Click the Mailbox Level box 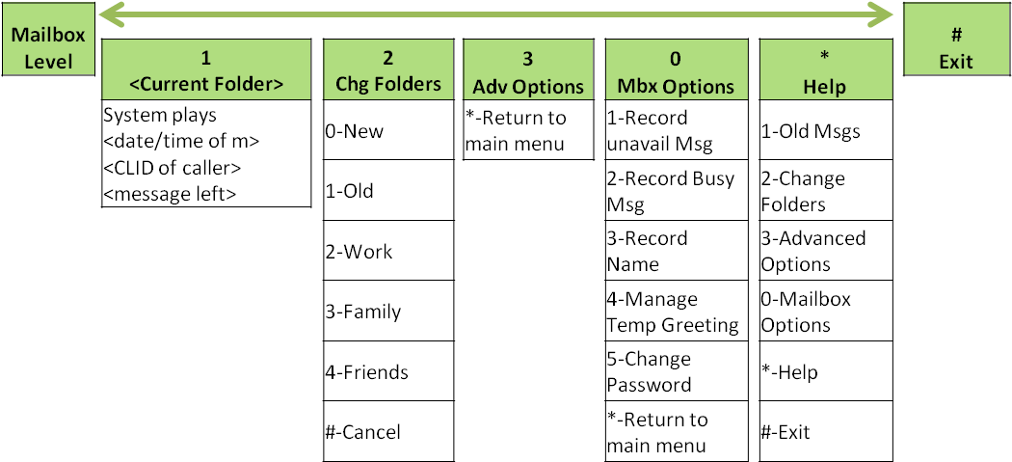click(47, 48)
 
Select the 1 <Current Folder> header click(206, 69)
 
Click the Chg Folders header click(387, 69)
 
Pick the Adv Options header click(528, 69)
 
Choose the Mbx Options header click(677, 69)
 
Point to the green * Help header click(825, 69)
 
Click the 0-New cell click(387, 130)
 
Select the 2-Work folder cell click(387, 251)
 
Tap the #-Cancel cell click(387, 432)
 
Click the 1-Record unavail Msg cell click(677, 130)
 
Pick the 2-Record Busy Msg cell click(677, 191)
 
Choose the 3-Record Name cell click(677, 251)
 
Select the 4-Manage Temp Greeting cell click(677, 311)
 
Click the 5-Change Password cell click(677, 371)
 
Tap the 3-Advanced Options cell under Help click(825, 251)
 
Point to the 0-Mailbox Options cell click(825, 311)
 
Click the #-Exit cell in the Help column click(825, 432)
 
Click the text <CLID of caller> click(173, 168)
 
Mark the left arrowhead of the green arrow click(110, 14)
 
